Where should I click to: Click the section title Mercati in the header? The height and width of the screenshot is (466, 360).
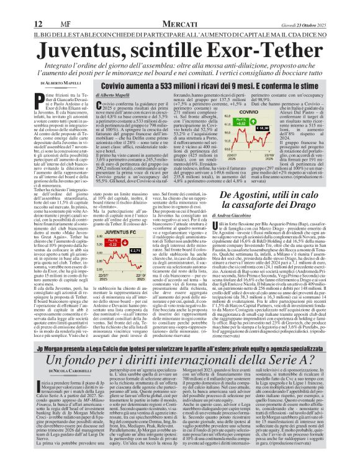[x=180, y=7]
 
